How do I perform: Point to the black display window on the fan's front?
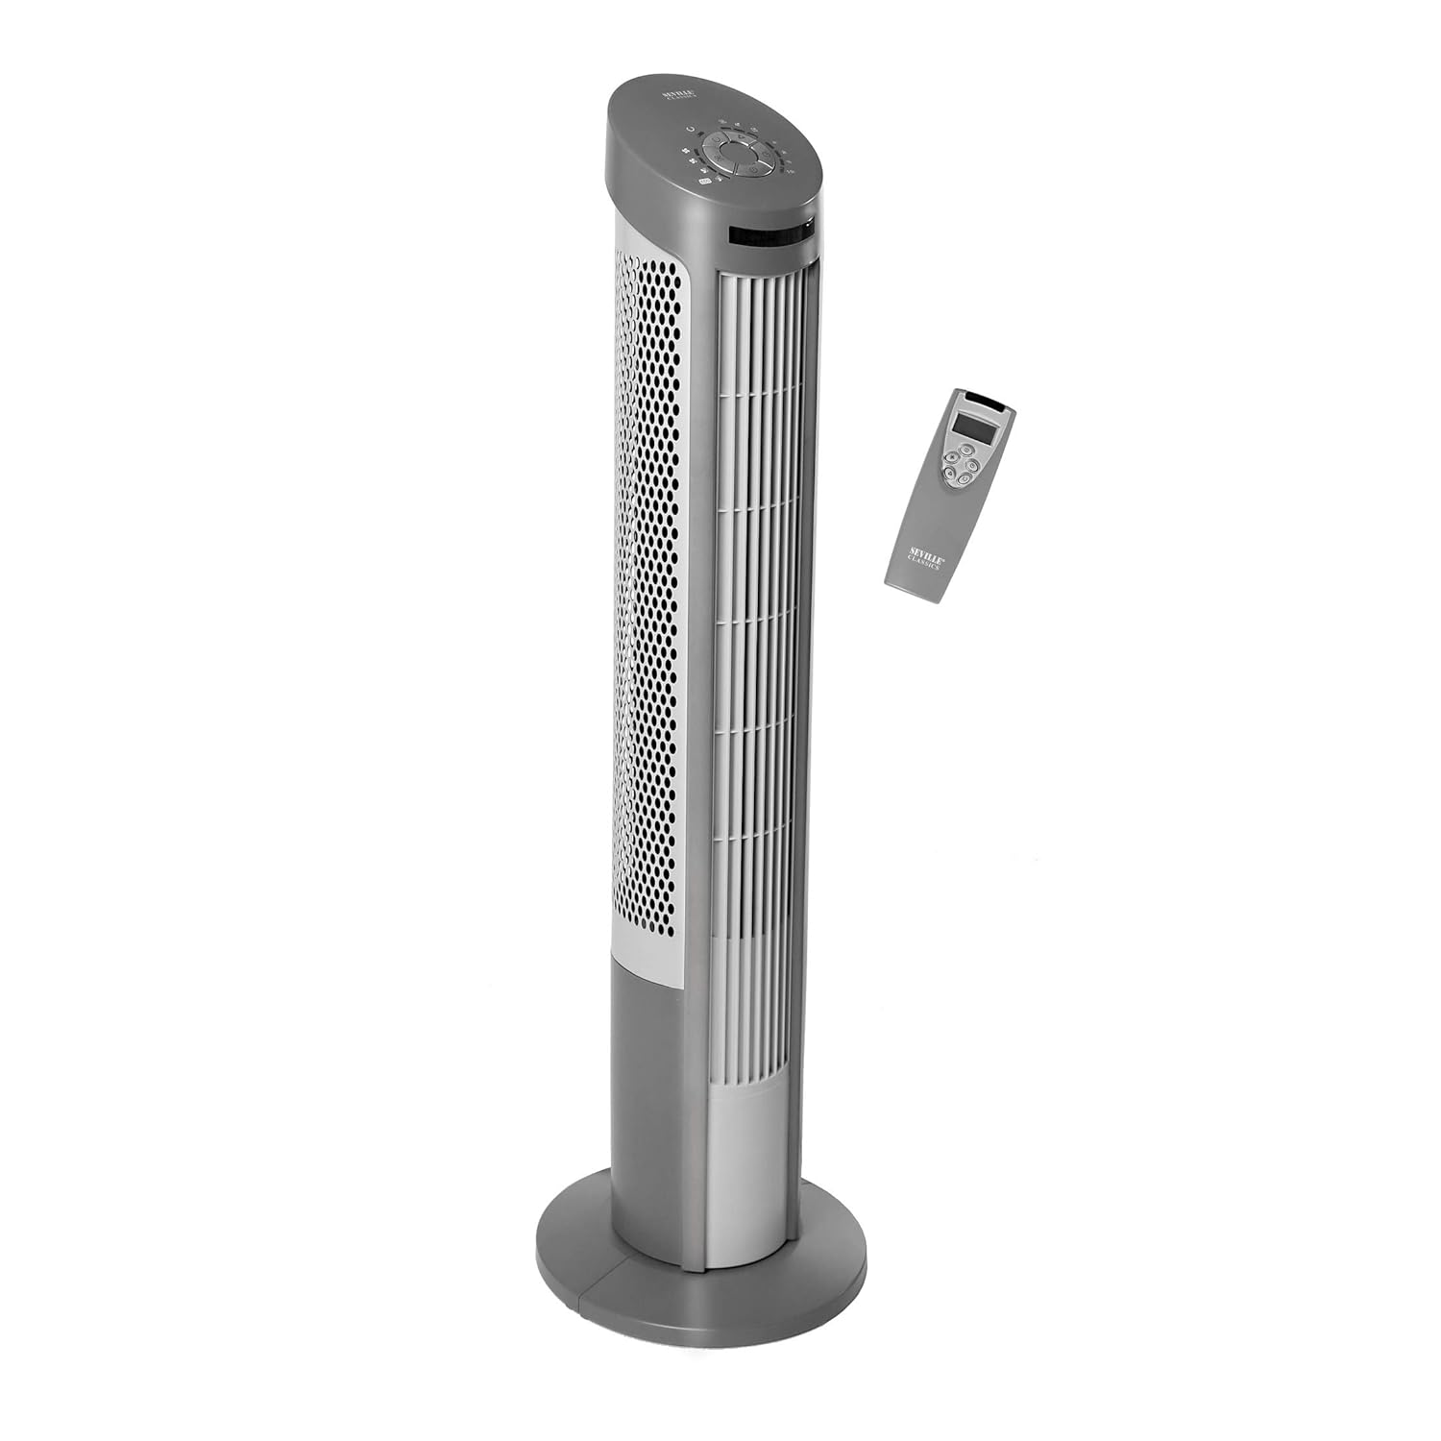[x=769, y=233]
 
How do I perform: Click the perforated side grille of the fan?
[x=648, y=576]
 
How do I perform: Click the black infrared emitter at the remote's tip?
[x=986, y=396]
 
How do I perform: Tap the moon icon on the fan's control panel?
[x=690, y=129]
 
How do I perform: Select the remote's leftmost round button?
[x=948, y=458]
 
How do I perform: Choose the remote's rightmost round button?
[x=972, y=466]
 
